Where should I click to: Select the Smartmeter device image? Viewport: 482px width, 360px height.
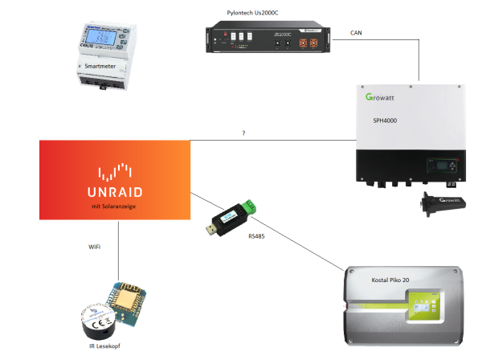(x=103, y=55)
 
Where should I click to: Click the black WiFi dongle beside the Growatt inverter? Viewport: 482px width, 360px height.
(x=440, y=204)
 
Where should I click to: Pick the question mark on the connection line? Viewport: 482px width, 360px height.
(x=243, y=133)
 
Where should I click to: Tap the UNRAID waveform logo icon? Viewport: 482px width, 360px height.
(x=113, y=171)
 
